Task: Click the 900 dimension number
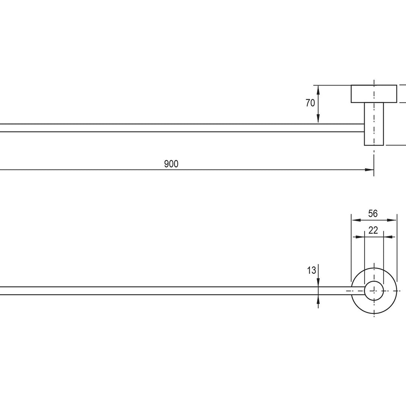point(171,164)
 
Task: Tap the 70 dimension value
point(310,103)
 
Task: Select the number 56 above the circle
point(373,214)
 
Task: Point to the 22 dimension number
point(373,230)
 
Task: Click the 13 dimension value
point(311,270)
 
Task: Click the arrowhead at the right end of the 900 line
point(369,170)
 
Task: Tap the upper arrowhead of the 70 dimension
point(318,90)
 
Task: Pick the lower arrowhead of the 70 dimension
point(318,119)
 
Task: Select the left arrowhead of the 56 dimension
point(356,220)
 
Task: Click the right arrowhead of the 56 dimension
point(392,220)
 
